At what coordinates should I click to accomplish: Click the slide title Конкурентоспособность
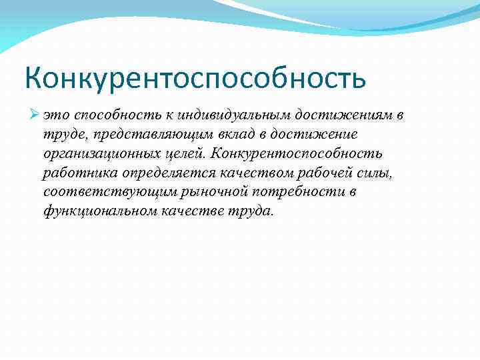(x=195, y=78)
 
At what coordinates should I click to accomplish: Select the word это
(x=55, y=115)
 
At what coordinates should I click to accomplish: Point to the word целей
(x=186, y=154)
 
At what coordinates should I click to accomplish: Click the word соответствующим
(x=98, y=193)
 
